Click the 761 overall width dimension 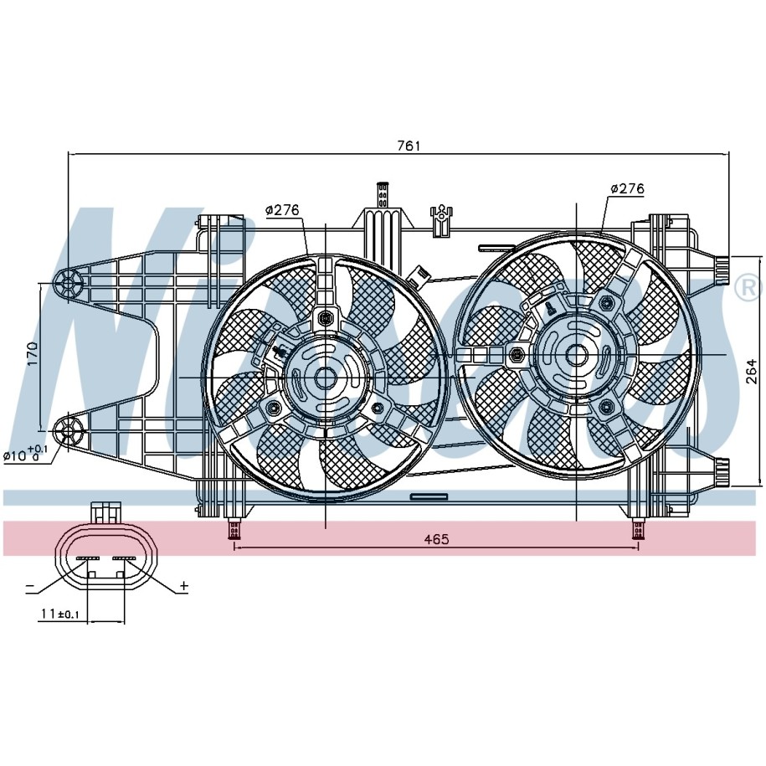click(407, 146)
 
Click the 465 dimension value click(436, 539)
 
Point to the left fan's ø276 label click(283, 210)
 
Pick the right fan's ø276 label click(627, 189)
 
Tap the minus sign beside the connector click(29, 585)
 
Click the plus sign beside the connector click(183, 585)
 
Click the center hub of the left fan click(325, 378)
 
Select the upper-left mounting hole click(69, 283)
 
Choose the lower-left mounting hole click(67, 432)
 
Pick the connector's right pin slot click(125, 558)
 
